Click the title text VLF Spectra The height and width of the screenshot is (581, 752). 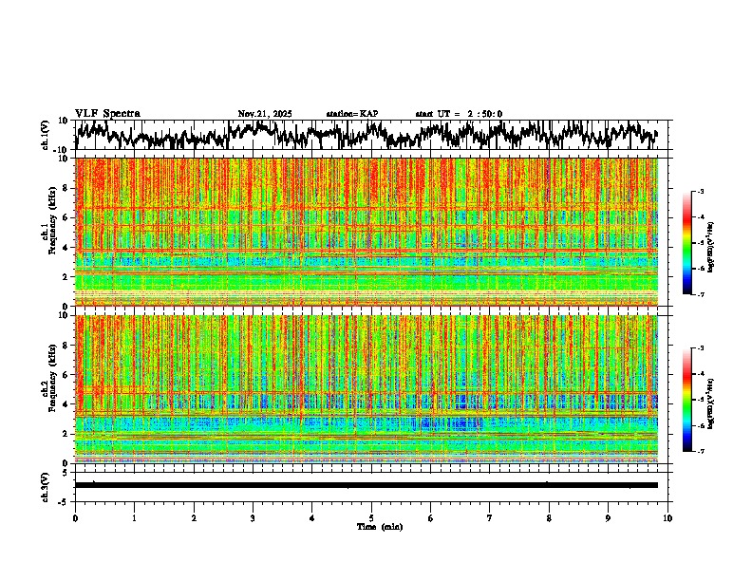point(107,113)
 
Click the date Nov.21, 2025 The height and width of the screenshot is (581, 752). point(265,114)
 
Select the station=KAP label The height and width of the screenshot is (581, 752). point(352,114)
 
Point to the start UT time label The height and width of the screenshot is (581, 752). point(459,114)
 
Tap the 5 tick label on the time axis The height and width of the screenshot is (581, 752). point(371,518)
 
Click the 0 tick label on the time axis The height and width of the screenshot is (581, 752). point(75,518)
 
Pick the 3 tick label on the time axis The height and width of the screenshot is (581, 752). point(253,518)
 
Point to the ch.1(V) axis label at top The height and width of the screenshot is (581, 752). point(44,136)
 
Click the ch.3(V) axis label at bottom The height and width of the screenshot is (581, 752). point(44,485)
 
